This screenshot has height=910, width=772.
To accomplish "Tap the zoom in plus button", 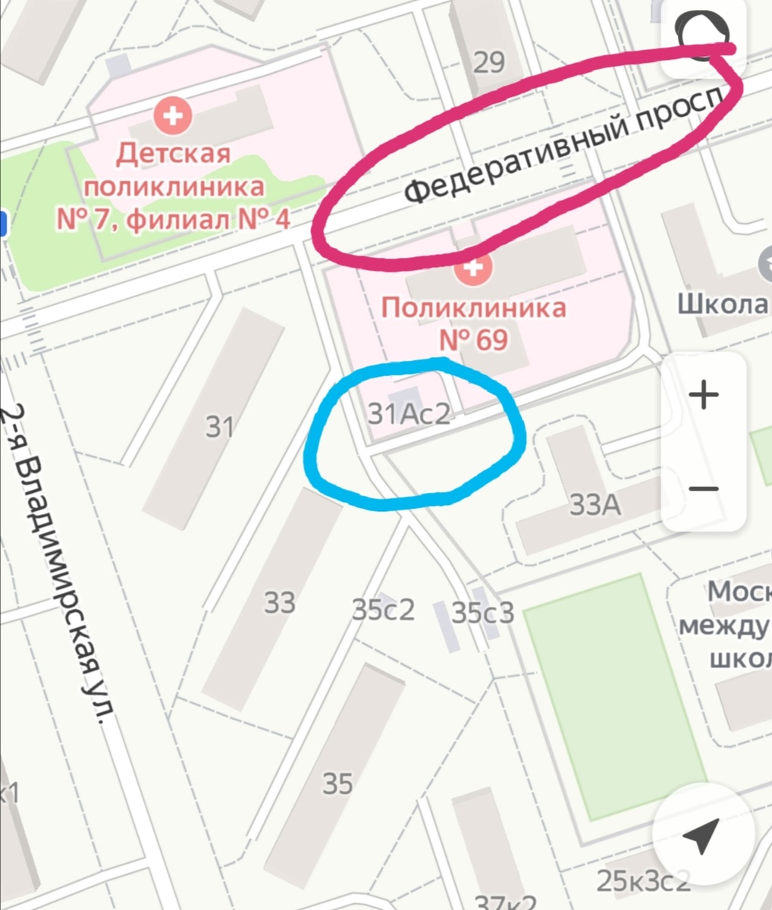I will pos(704,396).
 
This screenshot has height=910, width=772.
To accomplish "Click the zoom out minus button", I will pos(704,488).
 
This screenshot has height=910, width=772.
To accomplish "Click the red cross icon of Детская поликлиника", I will pos(173,116).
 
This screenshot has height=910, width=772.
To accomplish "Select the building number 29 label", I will pos(488,62).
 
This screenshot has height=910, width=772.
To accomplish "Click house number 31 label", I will pos(220,428).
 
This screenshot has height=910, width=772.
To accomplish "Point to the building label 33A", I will pos(595,505).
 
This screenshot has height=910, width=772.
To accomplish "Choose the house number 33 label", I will pos(279,603).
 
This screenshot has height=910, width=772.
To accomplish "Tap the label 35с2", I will pos(384,609).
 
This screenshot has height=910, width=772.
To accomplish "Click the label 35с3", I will pos(483,612).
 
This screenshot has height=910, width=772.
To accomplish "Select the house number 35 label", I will pos(337,783).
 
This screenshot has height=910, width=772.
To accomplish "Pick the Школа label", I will pos(723,304).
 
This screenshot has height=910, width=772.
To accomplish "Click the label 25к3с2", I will pos(643,881).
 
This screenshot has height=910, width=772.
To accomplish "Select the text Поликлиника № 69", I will pos(473,324).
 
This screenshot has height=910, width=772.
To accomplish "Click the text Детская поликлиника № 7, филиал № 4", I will pos(173,187).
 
